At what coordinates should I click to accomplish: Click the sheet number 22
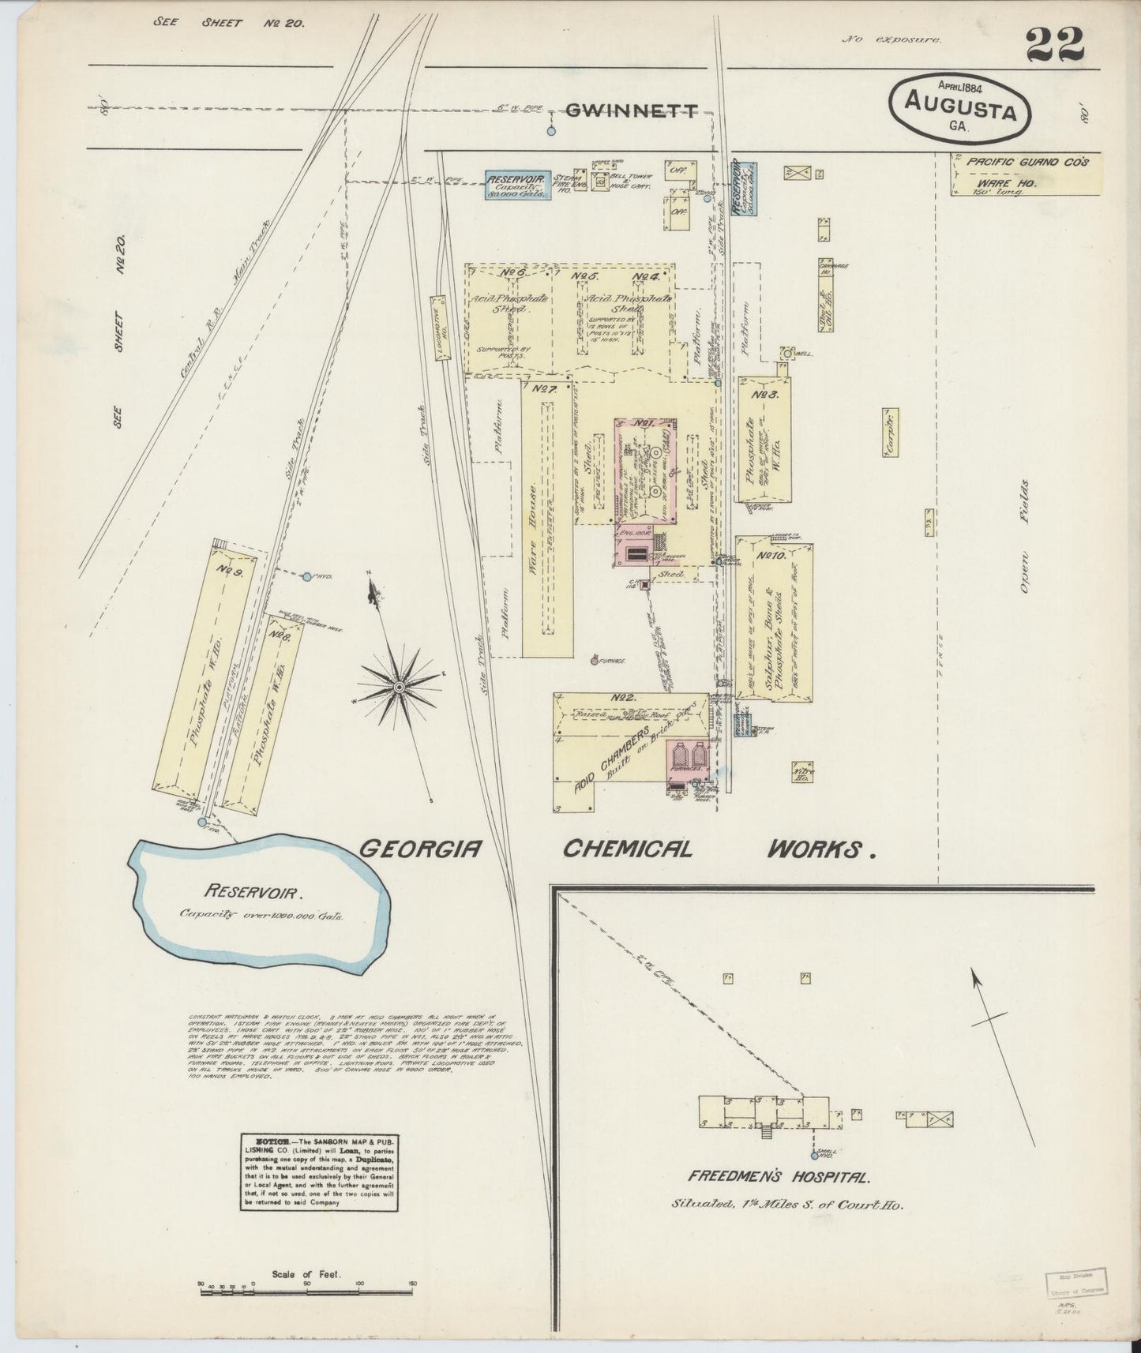[x=1055, y=45]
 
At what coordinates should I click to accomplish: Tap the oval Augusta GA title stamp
[x=960, y=109]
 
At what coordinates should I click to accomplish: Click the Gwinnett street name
[x=632, y=111]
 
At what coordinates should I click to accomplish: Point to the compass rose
[x=399, y=688]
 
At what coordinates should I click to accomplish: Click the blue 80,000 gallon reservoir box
[x=517, y=185]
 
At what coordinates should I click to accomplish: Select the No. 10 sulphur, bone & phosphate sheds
[x=774, y=620]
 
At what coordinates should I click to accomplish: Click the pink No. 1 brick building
[x=647, y=474]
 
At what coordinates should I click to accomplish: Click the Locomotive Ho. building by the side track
[x=438, y=329]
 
